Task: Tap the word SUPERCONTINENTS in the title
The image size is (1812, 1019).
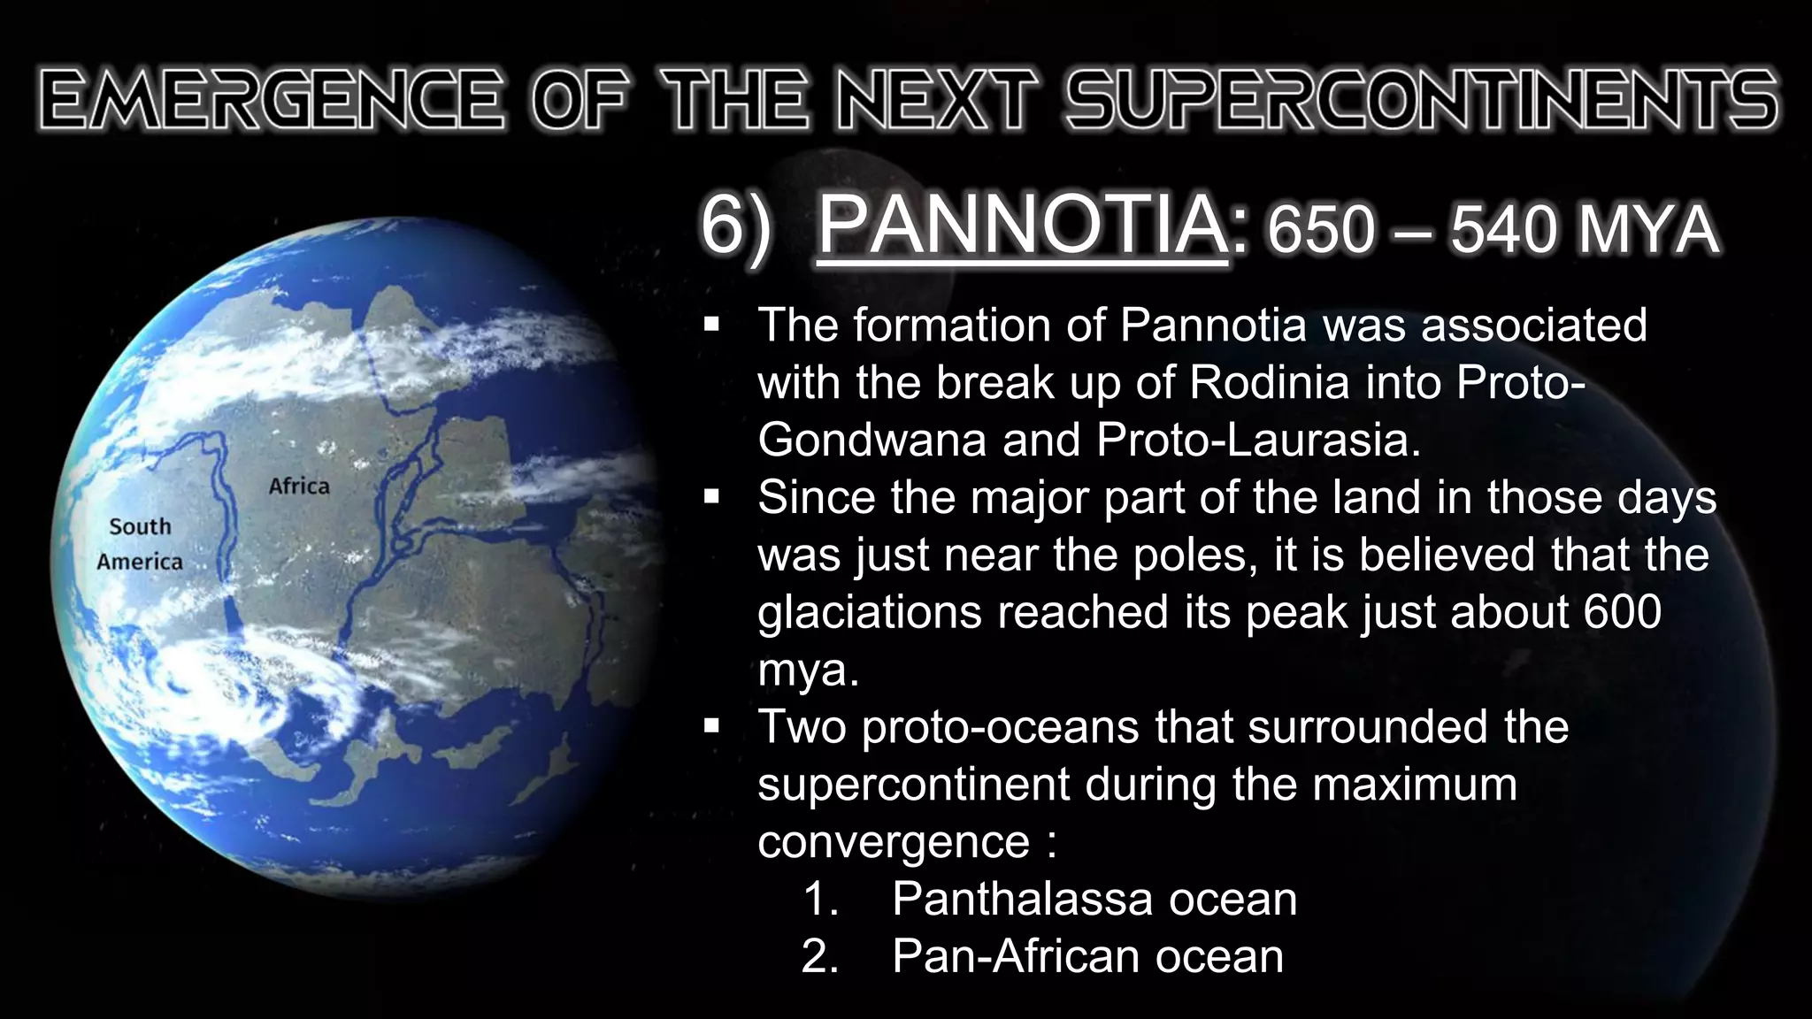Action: pos(1421,99)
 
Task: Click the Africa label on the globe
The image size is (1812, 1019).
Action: pos(299,487)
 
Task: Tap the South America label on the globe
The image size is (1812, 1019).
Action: pos(140,544)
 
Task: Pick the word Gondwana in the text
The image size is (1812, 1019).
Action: pos(871,441)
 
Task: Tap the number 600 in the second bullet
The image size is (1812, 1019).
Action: pos(1623,612)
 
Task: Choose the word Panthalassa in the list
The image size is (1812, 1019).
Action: pos(1022,900)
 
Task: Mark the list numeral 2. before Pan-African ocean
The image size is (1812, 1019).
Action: pos(819,957)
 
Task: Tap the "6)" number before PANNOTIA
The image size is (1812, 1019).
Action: pos(734,228)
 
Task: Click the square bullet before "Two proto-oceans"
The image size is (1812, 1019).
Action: pos(712,727)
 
